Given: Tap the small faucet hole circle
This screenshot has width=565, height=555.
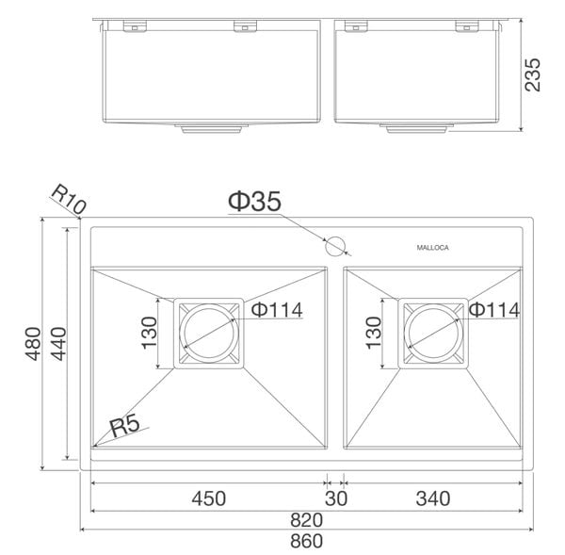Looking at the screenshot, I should (335, 248).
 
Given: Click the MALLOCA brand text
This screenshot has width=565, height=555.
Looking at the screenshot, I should (434, 248).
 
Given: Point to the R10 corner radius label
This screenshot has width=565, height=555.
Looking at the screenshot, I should (68, 200).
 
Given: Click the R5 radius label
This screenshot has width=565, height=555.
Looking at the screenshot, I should (124, 425).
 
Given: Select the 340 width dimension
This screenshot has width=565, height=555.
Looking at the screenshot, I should (432, 498).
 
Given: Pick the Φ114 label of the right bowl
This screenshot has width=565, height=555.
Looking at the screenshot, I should (494, 309).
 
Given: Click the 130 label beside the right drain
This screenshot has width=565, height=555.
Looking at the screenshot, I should (373, 333).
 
